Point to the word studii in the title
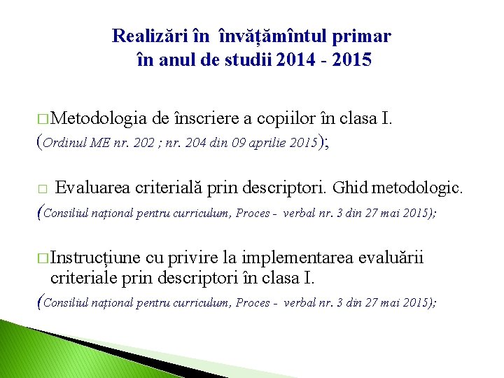(x=248, y=60)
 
